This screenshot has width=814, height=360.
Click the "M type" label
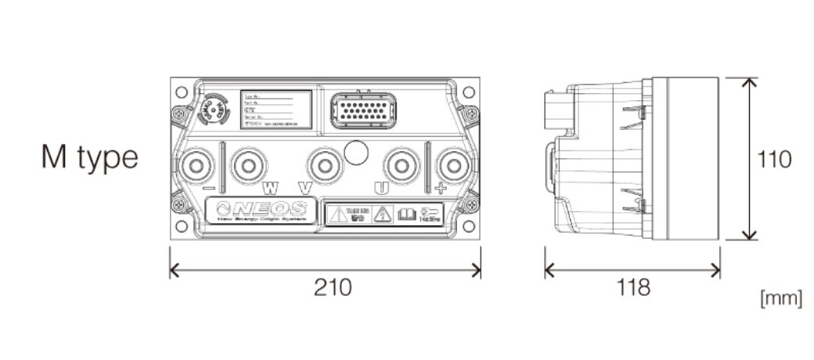point(89,158)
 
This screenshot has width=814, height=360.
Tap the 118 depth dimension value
point(632,287)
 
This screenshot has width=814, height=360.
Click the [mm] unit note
point(780,298)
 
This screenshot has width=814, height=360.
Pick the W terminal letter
point(269,189)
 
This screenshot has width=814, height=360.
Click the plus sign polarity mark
point(441,189)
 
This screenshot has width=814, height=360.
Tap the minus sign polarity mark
point(209,189)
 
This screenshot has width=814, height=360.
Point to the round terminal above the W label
point(250,165)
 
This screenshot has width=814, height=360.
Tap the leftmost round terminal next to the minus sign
point(195,165)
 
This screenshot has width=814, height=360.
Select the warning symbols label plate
point(383,214)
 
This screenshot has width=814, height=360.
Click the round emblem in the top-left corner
point(212,111)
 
